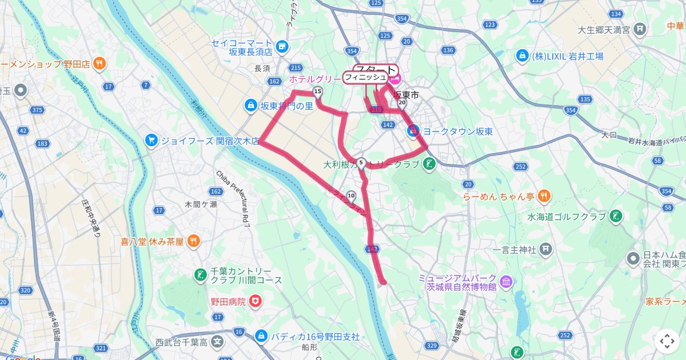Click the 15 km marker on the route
coord(317,91)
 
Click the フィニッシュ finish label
coord(365,77)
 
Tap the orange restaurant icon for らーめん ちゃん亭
coord(544,196)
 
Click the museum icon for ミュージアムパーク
coord(506,282)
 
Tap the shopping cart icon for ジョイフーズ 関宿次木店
coord(151,140)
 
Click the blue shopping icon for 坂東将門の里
coord(250,105)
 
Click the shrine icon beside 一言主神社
coord(547,249)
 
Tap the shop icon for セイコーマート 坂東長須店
coord(281,46)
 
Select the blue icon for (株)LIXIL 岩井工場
coord(521,56)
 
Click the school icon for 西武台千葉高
coord(217,342)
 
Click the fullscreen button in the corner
coord(667,341)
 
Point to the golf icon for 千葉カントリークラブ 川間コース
coord(200,275)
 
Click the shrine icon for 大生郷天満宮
coord(641,29)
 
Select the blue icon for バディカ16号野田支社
coord(261,336)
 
